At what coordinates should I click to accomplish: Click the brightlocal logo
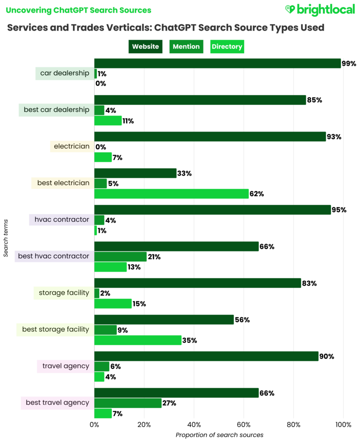pyautogui.click(x=319, y=10)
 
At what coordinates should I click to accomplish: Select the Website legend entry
pyautogui.click(x=145, y=47)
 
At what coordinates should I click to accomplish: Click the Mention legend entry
pyautogui.click(x=186, y=47)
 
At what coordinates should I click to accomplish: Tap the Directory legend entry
pyautogui.click(x=227, y=47)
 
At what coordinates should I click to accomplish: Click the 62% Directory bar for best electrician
pyautogui.click(x=171, y=194)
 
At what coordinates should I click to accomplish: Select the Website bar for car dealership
pyautogui.click(x=217, y=63)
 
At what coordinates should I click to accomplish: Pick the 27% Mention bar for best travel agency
pyautogui.click(x=128, y=403)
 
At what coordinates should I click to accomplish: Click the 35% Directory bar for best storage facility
pyautogui.click(x=138, y=340)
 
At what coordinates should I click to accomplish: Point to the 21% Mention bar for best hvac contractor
pyautogui.click(x=120, y=256)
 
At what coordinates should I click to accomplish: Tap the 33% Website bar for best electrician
pyautogui.click(x=135, y=173)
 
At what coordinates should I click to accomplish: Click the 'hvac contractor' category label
pyautogui.click(x=62, y=220)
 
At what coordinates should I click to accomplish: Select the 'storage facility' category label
pyautogui.click(x=64, y=293)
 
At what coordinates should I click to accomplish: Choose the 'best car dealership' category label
pyautogui.click(x=57, y=110)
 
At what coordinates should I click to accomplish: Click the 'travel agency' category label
pyautogui.click(x=65, y=366)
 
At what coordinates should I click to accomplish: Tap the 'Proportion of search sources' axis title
pyautogui.click(x=219, y=435)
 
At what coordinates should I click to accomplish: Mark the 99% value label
pyautogui.click(x=349, y=64)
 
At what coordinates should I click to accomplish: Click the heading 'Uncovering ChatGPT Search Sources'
pyautogui.click(x=79, y=10)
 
